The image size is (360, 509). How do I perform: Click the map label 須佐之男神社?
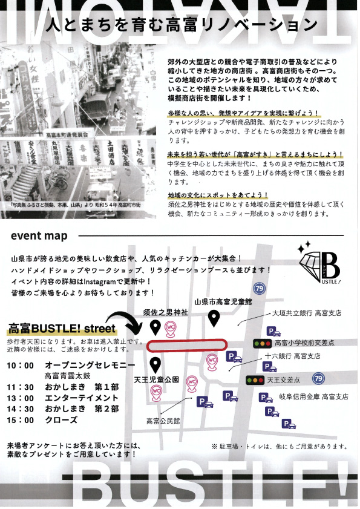click(165, 313)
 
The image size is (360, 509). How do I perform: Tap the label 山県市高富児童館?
click(223, 301)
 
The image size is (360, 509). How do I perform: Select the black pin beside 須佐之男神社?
click(155, 327)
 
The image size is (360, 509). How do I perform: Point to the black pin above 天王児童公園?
click(155, 365)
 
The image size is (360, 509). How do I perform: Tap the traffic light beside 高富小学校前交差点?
click(262, 343)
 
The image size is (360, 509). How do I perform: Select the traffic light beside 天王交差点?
click(254, 381)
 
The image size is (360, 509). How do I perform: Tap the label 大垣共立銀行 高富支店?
click(306, 314)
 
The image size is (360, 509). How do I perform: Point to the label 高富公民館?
click(163, 421)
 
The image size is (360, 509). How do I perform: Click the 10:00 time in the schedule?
click(21, 366)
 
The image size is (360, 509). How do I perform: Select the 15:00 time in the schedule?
click(21, 420)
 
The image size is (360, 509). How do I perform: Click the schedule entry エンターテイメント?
click(81, 398)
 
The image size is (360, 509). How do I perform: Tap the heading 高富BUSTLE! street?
click(61, 329)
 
